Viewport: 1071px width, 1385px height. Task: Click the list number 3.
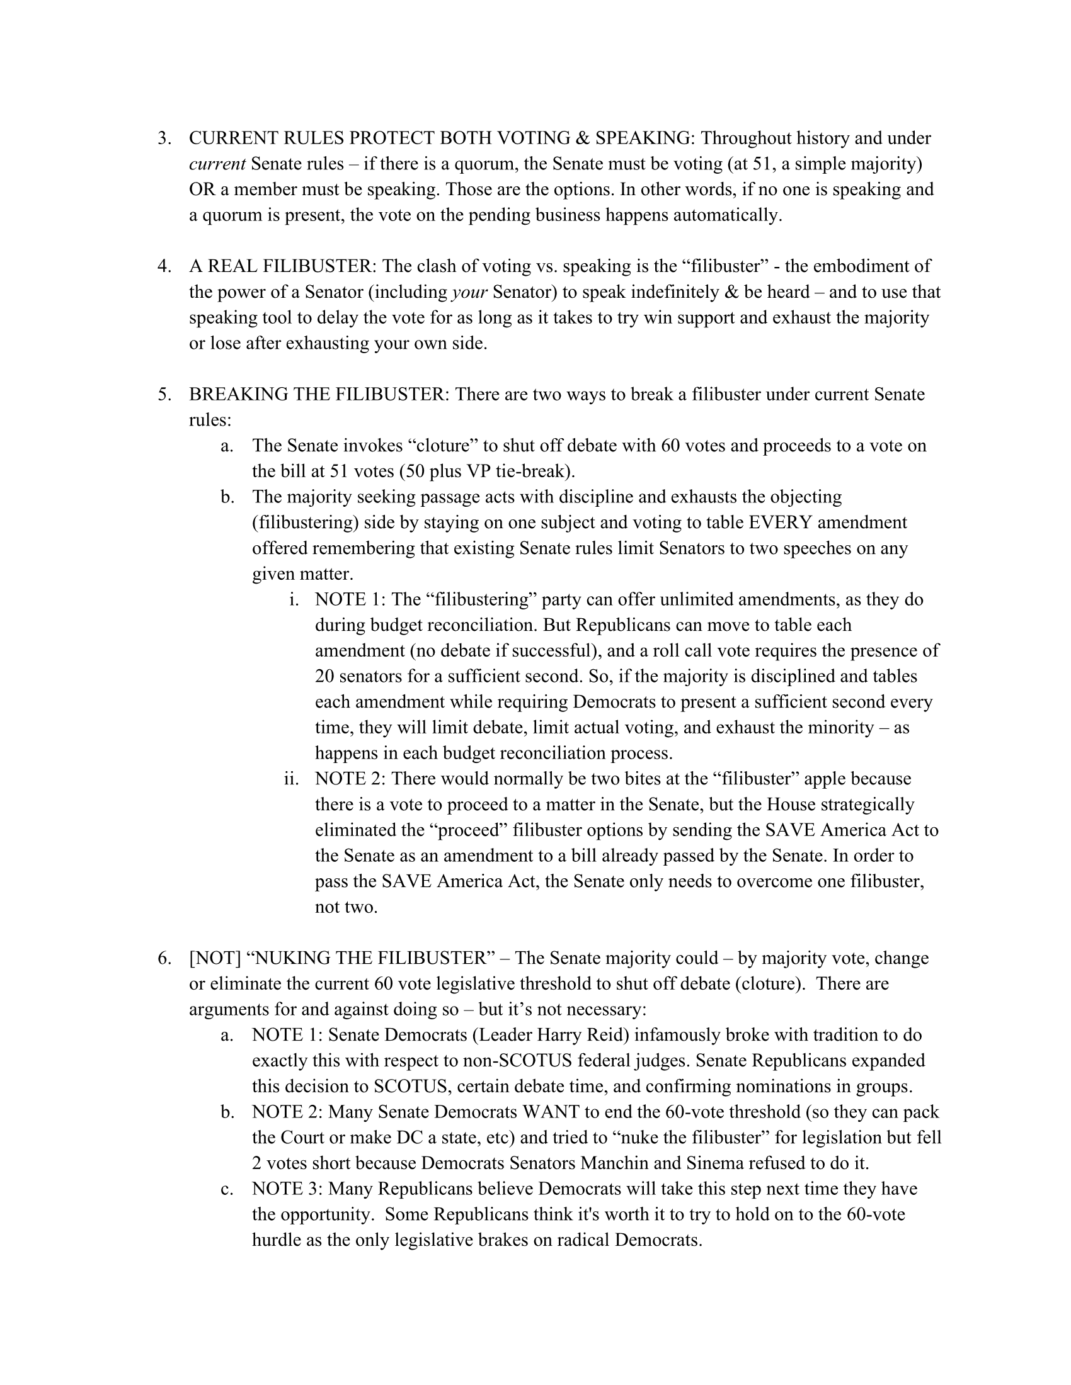tap(164, 138)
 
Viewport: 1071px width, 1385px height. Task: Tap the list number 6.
tap(164, 958)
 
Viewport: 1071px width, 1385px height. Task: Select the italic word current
tap(217, 164)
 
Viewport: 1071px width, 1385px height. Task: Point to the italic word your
tap(469, 292)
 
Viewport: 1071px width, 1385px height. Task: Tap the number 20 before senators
tap(324, 677)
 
